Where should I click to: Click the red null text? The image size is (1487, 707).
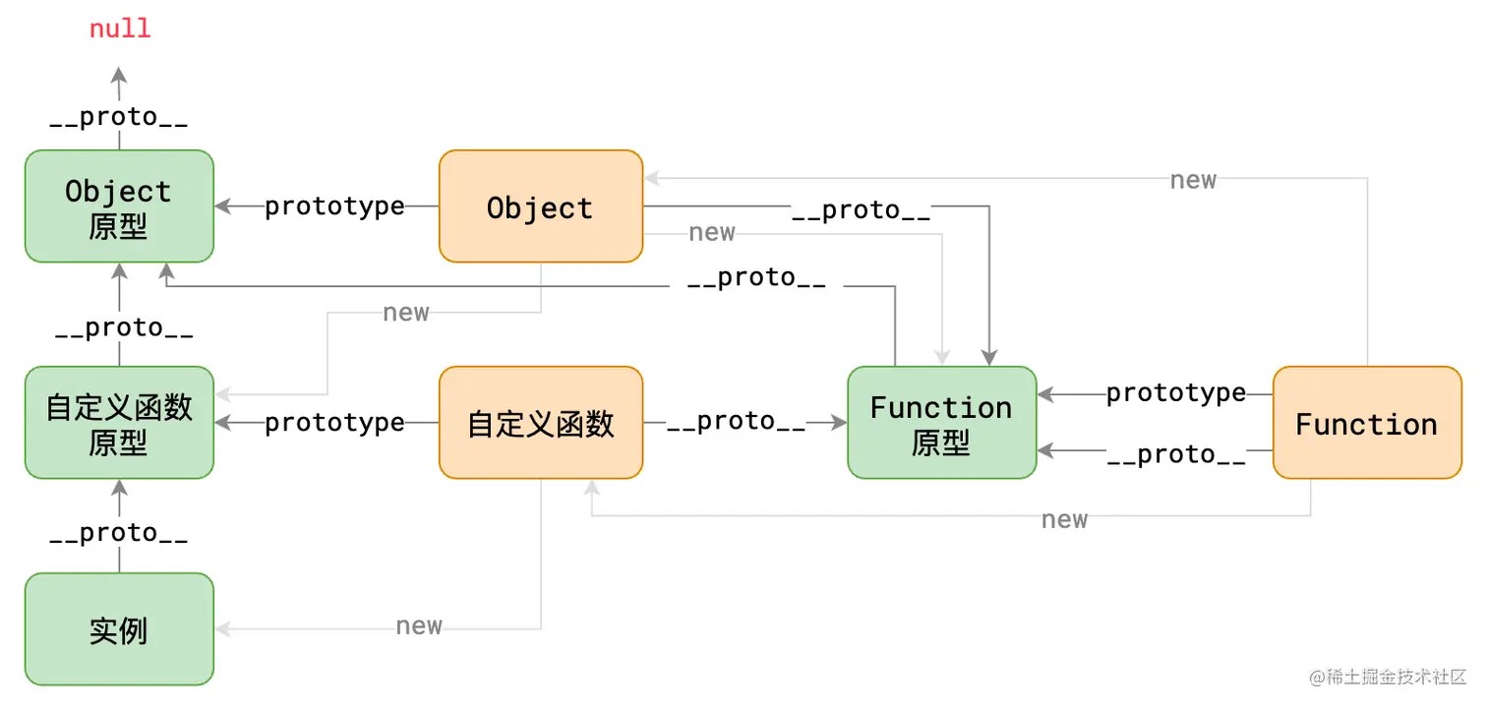(x=120, y=29)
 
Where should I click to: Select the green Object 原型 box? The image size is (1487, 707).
(x=119, y=206)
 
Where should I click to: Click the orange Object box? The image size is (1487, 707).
(x=540, y=206)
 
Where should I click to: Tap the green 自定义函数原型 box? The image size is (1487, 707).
(x=119, y=423)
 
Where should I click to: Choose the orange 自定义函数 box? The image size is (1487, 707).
(x=540, y=423)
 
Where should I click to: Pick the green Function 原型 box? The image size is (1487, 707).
(x=941, y=423)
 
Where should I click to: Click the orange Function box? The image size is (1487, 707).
(x=1366, y=423)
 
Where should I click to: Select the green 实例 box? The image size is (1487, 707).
(x=119, y=629)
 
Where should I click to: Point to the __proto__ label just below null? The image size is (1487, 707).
(x=119, y=117)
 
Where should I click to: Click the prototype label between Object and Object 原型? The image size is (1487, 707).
(x=334, y=206)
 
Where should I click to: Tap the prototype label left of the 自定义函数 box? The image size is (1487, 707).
(x=334, y=422)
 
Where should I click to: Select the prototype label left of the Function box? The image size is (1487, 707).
(x=1175, y=393)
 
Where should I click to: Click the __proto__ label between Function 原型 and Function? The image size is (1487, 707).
(x=1175, y=454)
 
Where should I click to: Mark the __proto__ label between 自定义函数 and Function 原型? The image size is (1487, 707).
(x=736, y=421)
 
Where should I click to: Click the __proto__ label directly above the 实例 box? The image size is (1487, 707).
(x=119, y=533)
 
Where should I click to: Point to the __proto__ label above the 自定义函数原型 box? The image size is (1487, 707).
(x=124, y=328)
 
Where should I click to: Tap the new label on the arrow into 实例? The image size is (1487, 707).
(x=419, y=626)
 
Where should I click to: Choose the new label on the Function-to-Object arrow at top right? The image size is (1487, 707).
(x=1193, y=180)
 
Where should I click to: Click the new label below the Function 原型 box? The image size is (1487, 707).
(x=1064, y=519)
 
